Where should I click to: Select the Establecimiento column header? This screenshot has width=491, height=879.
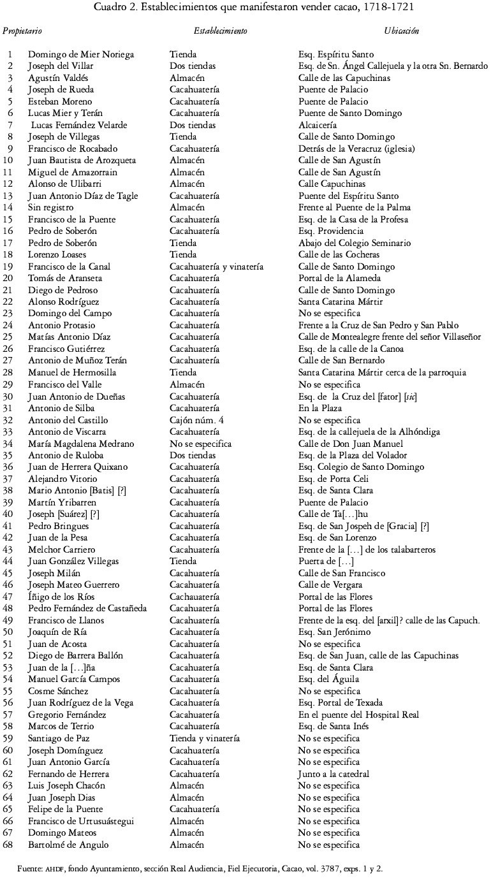pyautogui.click(x=221, y=31)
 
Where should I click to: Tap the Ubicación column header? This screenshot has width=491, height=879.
pyautogui.click(x=402, y=31)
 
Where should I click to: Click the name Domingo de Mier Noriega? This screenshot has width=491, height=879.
pyautogui.click(x=81, y=55)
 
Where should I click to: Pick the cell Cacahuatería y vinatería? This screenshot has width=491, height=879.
pyautogui.click(x=216, y=267)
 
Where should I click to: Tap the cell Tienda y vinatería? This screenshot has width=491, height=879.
pyautogui.click(x=205, y=739)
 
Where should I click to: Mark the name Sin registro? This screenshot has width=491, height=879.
pyautogui.click(x=51, y=208)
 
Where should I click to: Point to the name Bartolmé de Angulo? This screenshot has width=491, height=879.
pyautogui.click(x=68, y=845)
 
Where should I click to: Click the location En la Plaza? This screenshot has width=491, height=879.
pyautogui.click(x=319, y=409)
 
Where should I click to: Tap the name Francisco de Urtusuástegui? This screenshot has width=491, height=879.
pyautogui.click(x=81, y=822)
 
